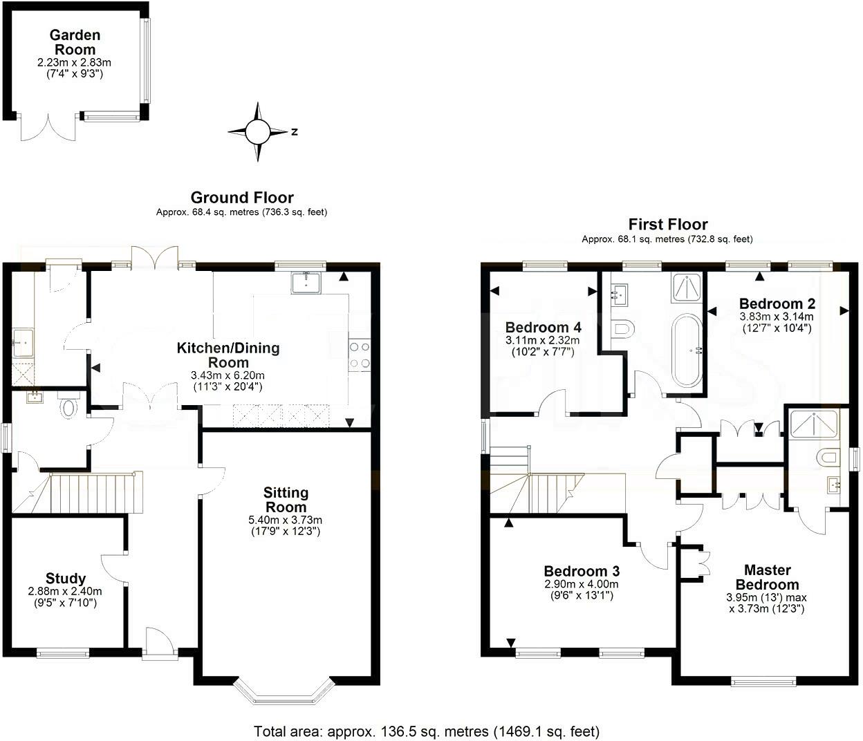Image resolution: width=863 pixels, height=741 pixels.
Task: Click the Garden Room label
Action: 75,42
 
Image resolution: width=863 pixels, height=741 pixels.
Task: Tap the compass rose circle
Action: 258,132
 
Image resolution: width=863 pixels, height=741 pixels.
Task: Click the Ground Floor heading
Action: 242,198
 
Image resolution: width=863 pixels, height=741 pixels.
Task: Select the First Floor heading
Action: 668,225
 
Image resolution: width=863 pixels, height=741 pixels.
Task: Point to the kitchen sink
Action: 307,283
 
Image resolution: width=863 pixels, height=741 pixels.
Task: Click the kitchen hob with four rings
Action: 360,355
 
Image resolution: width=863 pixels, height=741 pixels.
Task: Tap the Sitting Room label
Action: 286,500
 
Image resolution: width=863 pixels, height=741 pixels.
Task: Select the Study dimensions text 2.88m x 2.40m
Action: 65,591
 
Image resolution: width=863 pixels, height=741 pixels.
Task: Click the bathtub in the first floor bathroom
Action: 687,350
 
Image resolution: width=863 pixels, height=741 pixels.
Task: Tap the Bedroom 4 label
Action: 544,327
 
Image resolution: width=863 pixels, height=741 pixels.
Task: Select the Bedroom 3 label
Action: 582,571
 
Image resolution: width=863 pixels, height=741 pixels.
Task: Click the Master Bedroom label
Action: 768,577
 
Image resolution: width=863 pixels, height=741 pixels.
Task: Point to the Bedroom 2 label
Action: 777,303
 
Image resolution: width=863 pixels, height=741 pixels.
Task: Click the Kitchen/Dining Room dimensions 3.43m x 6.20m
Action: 228,375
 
